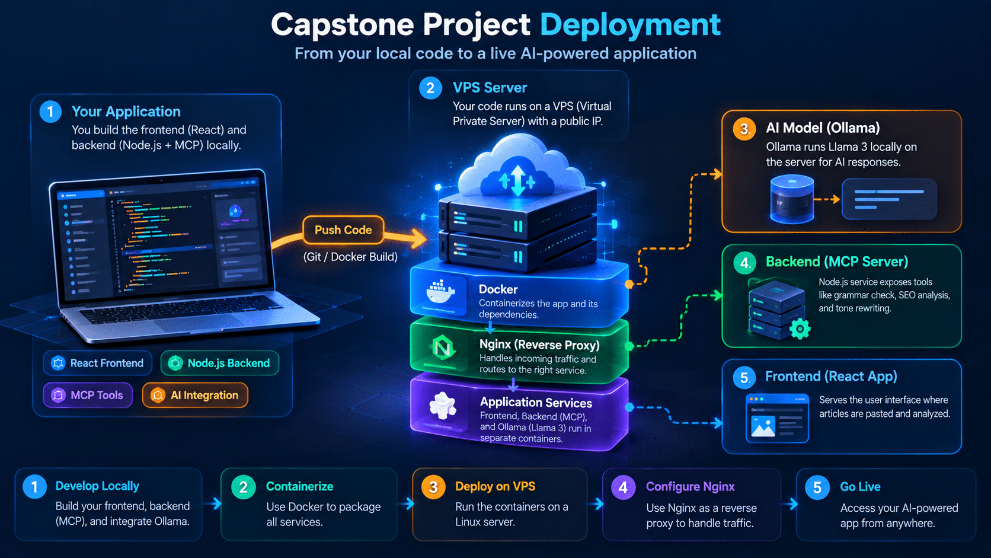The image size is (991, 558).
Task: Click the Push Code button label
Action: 343,230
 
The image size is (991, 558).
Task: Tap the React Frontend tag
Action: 98,364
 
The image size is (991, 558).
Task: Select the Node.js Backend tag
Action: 220,364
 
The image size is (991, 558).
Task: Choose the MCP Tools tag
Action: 88,395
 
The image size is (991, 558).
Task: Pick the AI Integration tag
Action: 195,395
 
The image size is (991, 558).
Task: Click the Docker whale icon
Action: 440,292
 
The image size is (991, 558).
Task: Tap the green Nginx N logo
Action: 443,348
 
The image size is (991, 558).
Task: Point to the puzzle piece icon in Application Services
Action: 443,406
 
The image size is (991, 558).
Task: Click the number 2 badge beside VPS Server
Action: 430,88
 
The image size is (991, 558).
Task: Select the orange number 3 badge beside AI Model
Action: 744,129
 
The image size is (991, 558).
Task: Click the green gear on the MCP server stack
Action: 800,329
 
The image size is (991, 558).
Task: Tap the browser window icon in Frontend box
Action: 777,418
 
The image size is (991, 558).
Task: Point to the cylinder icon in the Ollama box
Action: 792,199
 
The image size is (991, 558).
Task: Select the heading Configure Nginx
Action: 690,487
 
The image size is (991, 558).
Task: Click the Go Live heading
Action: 860,487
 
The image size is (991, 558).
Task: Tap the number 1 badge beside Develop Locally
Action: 34,487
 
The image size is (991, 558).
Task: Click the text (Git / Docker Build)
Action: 350,257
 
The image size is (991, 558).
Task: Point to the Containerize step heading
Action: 299,487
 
